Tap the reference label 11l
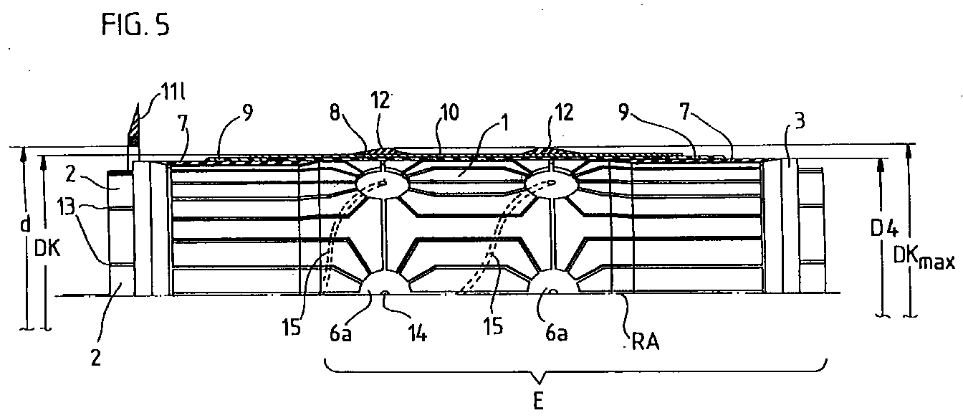click(157, 91)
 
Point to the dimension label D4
click(882, 231)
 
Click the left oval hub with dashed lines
click(382, 184)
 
